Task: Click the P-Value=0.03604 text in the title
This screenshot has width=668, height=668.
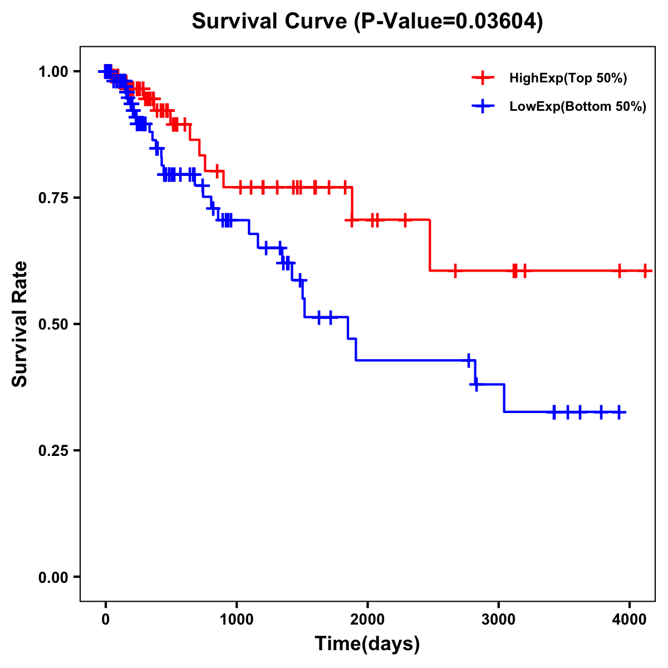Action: point(450,22)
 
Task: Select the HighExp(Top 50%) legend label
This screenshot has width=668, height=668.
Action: point(568,78)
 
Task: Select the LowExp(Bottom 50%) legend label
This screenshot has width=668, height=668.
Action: point(578,107)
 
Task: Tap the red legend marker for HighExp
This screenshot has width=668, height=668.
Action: point(483,78)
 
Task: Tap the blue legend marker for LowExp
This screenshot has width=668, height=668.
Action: point(483,107)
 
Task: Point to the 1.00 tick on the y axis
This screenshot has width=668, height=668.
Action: point(53,71)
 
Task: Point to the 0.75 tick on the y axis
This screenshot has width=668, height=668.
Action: point(53,198)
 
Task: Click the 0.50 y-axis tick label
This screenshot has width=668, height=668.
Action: point(53,324)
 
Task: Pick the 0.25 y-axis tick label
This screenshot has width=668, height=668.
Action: point(53,450)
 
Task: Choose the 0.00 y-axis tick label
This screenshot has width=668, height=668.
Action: point(53,577)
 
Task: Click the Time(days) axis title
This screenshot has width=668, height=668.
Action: point(367,644)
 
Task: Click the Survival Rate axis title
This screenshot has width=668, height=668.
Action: point(21,324)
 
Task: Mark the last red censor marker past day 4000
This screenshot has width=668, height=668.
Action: point(645,271)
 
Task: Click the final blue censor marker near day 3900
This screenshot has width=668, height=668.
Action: point(619,412)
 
